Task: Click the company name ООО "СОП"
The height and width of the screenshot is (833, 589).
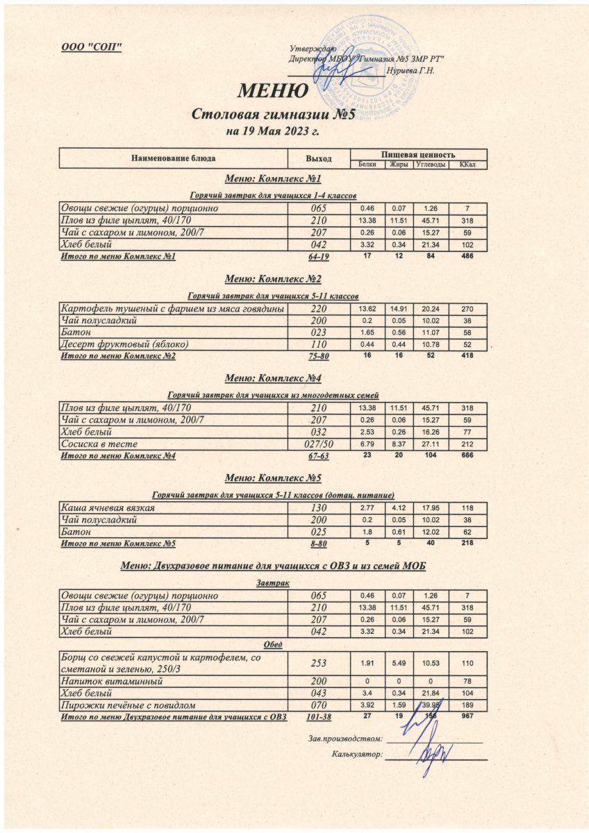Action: click(93, 47)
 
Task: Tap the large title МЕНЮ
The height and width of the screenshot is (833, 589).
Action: click(273, 91)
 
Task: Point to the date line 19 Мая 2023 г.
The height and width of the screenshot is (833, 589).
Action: click(273, 131)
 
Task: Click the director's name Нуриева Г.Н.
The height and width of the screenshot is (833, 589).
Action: click(414, 71)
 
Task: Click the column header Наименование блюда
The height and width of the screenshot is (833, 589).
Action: click(174, 159)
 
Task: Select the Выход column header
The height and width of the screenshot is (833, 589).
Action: click(319, 159)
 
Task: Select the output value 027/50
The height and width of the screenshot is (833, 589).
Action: click(320, 444)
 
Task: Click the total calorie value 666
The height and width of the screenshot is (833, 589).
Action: click(467, 455)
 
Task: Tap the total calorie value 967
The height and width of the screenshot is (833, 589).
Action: click(467, 716)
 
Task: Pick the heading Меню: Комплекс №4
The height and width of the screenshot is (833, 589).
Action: click(273, 378)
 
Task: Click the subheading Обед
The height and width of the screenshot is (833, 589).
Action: click(272, 643)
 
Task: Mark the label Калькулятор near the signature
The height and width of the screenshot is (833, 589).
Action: click(358, 755)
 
